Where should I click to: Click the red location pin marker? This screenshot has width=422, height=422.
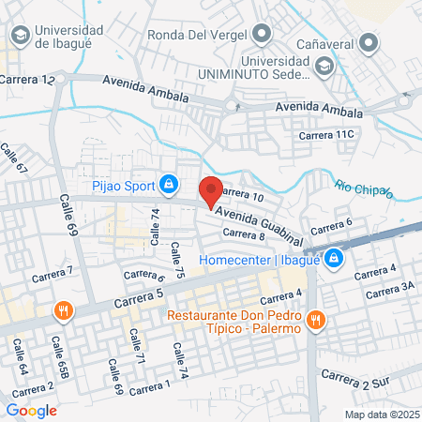(211, 190)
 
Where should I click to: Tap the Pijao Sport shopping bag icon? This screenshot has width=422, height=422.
(168, 185)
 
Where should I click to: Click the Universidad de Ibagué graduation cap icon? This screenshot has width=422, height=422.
(19, 36)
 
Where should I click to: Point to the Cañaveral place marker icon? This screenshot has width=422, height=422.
(371, 41)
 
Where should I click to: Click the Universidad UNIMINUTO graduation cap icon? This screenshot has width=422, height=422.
(324, 67)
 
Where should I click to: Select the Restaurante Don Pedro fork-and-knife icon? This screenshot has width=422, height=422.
(315, 320)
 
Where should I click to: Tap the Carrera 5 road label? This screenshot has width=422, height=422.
(138, 299)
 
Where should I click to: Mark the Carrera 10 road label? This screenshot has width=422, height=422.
(245, 195)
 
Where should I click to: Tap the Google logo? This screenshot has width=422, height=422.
(31, 410)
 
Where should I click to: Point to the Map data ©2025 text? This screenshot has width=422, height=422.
(380, 414)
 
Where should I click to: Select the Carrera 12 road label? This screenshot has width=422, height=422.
(27, 81)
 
